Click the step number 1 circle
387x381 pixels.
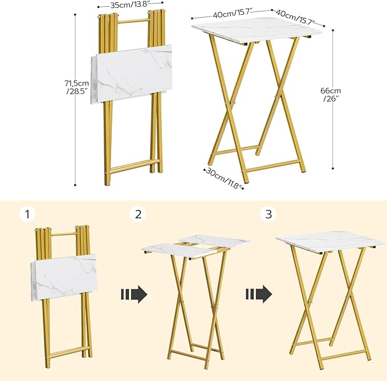pos(27,214)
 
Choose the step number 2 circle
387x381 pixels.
pos(138,214)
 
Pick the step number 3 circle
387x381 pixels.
pos(267,214)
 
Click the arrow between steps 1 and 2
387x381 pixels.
pos(134,294)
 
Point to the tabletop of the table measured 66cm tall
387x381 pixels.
pos(256,26)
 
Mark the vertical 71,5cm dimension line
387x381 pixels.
pos(76,100)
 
